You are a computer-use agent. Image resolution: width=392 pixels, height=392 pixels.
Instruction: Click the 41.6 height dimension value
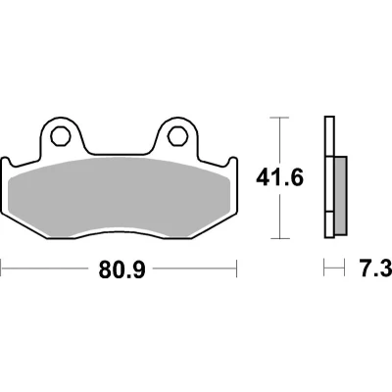click(x=280, y=178)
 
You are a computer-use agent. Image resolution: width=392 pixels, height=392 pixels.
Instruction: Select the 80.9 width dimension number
click(x=122, y=269)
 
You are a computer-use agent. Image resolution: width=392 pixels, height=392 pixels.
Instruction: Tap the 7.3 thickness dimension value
click(x=375, y=269)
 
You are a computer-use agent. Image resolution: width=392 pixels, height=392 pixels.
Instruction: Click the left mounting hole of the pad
click(x=61, y=135)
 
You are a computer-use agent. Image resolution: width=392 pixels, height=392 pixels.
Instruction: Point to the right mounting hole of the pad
click(x=178, y=135)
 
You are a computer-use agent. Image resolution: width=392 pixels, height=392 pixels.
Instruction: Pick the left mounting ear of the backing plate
click(x=61, y=134)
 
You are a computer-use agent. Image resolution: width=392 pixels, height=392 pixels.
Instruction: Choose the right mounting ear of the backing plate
click(x=177, y=134)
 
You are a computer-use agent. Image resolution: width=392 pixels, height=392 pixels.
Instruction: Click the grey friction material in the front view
click(x=120, y=196)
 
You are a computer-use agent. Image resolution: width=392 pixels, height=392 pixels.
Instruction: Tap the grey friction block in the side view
click(x=341, y=195)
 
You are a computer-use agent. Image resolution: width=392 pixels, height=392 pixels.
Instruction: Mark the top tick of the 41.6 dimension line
click(x=280, y=117)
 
